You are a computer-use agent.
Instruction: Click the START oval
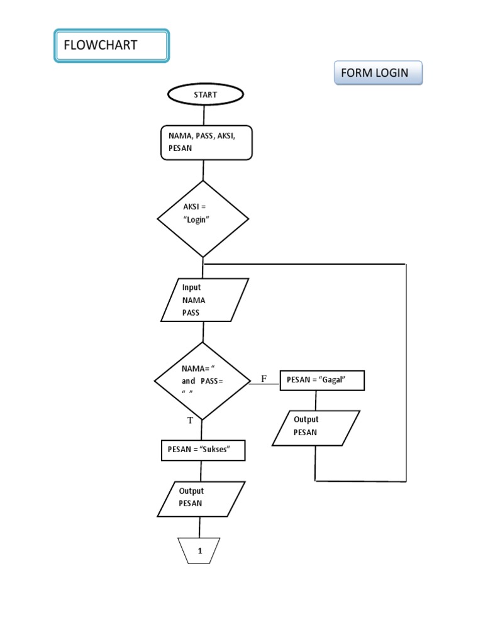click(204, 95)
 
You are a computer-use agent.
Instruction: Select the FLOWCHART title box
click(111, 46)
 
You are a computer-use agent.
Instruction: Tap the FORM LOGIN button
click(378, 73)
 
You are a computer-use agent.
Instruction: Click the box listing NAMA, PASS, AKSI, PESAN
click(206, 142)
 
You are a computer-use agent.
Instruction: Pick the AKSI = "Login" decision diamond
click(203, 219)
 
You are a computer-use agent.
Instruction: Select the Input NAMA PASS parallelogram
click(204, 300)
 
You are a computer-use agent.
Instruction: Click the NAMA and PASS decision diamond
click(202, 381)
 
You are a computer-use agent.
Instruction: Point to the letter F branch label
click(264, 379)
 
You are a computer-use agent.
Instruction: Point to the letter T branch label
click(189, 419)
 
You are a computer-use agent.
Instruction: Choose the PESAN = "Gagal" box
click(321, 380)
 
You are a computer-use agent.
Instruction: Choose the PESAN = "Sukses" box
click(203, 450)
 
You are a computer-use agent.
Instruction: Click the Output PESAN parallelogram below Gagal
click(316, 428)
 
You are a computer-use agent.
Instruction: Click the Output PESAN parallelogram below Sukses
click(201, 499)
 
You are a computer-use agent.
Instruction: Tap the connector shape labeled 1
click(200, 551)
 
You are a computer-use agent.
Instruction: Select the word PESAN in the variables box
click(180, 148)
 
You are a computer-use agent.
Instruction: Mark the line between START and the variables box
click(204, 115)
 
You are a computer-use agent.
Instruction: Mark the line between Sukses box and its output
click(201, 471)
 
